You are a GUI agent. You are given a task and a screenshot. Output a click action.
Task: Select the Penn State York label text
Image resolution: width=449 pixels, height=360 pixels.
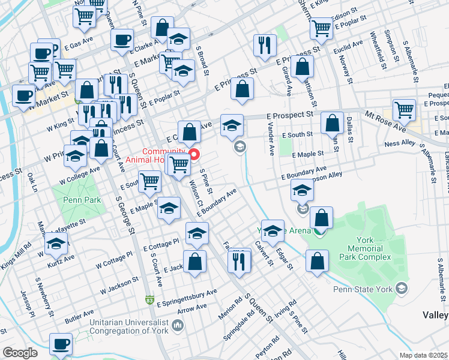pyautogui.click(x=363, y=289)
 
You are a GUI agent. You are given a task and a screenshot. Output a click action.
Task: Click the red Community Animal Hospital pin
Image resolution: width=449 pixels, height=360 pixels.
pyautogui.click(x=194, y=155)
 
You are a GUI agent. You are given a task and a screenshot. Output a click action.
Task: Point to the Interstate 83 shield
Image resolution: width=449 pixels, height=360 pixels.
pyautogui.click(x=149, y=299)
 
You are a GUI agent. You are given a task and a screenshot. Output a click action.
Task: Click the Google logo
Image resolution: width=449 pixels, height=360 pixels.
pyautogui.click(x=20, y=352)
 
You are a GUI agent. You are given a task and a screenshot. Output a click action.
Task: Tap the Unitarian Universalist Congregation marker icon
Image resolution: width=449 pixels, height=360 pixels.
pyautogui.click(x=178, y=325)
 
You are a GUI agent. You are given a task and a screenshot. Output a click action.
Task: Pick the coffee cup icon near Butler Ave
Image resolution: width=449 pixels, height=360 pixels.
pyautogui.click(x=61, y=344)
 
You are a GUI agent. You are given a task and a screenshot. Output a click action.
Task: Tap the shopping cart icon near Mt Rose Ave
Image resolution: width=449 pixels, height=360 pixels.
pyautogui.click(x=404, y=110)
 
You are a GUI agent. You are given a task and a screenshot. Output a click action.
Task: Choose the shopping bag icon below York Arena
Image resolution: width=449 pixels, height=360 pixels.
pyautogui.click(x=316, y=261)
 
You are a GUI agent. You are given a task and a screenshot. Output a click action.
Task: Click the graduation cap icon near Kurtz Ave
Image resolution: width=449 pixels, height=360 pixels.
pyautogui.click(x=56, y=244)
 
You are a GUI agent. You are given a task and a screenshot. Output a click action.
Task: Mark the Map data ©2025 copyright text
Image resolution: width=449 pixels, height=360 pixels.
pyautogui.click(x=423, y=355)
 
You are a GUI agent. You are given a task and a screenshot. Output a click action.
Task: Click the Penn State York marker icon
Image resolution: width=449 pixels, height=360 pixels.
pyautogui.click(x=402, y=289)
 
